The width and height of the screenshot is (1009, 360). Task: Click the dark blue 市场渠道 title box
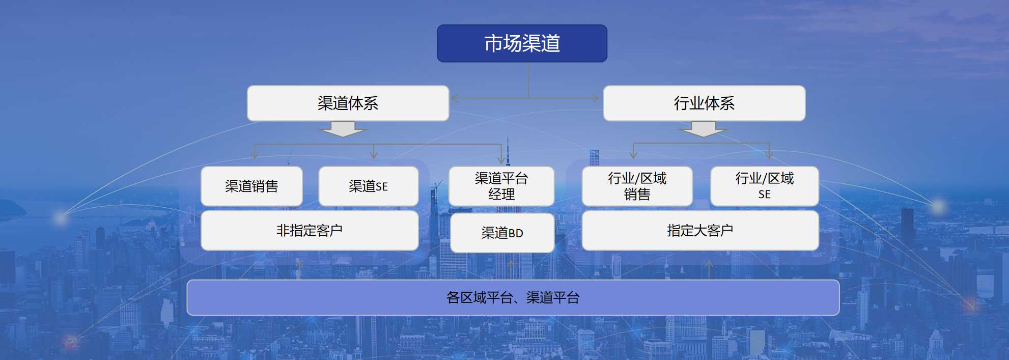(522, 43)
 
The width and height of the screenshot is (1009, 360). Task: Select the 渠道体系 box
(348, 103)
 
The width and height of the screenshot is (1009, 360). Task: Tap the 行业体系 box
(704, 103)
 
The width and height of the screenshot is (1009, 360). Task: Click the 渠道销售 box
(251, 186)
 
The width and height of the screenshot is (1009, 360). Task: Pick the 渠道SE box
(369, 186)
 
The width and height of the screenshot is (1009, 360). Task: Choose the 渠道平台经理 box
(501, 186)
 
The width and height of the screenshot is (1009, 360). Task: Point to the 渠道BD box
(502, 233)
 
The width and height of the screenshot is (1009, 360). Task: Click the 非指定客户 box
(310, 230)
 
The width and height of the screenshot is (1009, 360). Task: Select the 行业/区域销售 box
(637, 186)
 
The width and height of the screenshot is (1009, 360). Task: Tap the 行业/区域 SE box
(764, 186)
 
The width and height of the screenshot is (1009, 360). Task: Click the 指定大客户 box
(700, 230)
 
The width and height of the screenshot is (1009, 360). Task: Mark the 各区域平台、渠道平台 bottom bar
(513, 297)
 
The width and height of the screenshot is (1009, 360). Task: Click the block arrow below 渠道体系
(343, 129)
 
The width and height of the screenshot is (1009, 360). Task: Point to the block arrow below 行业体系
(704, 129)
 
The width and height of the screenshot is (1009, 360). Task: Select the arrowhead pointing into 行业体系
(596, 98)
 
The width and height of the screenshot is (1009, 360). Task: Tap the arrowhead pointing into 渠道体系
(455, 98)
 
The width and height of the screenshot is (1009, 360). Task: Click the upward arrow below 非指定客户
(299, 269)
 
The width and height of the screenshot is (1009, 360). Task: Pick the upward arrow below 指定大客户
(709, 269)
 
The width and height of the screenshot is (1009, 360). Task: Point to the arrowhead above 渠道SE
(374, 155)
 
